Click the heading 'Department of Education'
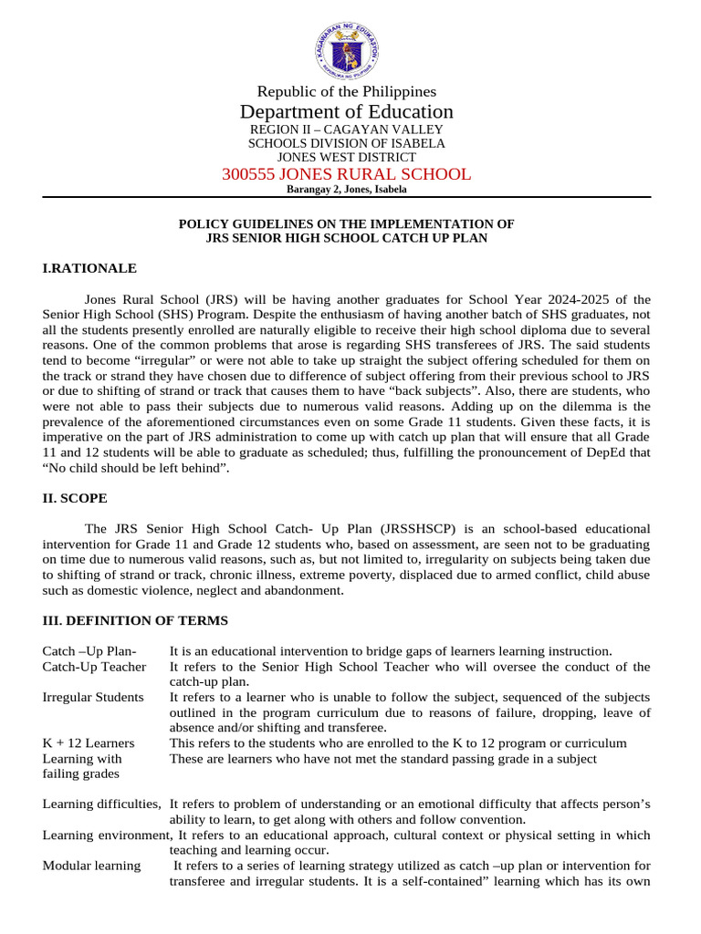tap(346, 111)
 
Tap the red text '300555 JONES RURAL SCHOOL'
tap(346, 174)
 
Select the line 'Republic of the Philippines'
tap(346, 91)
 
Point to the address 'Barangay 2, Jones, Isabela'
tap(346, 190)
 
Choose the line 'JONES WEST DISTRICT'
tap(346, 157)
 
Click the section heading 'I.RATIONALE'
tap(89, 268)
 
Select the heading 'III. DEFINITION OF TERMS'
tap(135, 620)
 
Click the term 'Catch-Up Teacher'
tap(94, 667)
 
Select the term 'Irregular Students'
tap(93, 697)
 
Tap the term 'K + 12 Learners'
tap(89, 742)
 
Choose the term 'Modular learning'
tap(91, 866)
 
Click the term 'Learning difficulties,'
tap(102, 804)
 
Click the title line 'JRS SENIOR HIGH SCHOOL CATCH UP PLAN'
tap(346, 238)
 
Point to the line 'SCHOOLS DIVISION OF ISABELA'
tap(346, 143)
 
